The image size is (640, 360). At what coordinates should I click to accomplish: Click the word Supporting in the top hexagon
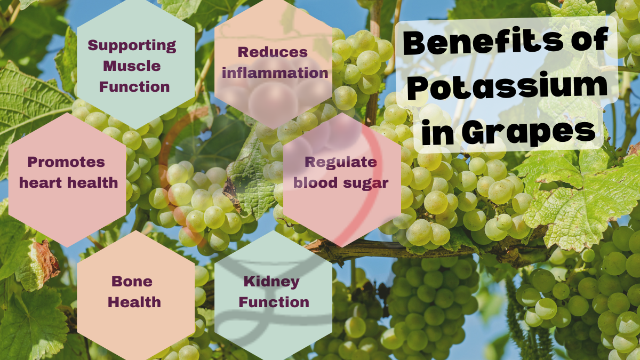click(x=132, y=46)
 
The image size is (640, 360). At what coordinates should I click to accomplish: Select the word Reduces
click(x=273, y=52)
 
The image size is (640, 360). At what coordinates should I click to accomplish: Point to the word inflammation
click(x=275, y=73)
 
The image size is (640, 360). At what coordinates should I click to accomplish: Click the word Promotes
click(x=66, y=162)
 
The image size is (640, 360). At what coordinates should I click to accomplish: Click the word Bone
click(x=132, y=282)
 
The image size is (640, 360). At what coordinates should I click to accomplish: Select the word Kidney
click(x=271, y=282)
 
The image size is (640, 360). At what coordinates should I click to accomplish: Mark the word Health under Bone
click(x=134, y=302)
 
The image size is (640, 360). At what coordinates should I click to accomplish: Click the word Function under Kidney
click(x=274, y=302)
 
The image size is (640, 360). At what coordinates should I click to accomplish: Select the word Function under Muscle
click(x=134, y=86)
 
